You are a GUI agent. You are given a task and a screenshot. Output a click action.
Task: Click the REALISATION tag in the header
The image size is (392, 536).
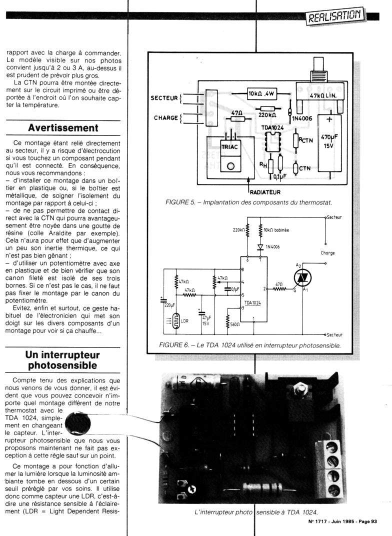334,17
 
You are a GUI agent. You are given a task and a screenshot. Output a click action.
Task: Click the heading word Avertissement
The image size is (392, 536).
63,127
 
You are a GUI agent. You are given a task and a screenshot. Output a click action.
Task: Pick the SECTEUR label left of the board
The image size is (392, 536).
164,98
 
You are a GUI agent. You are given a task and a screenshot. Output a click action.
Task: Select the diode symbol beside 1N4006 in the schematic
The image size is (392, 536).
260,247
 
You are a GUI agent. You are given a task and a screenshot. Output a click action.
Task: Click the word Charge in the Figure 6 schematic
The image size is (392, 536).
327,253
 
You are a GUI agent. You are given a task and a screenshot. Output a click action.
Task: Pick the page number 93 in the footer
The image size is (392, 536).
373,522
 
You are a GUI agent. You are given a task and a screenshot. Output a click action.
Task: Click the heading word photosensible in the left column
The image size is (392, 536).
63,365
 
